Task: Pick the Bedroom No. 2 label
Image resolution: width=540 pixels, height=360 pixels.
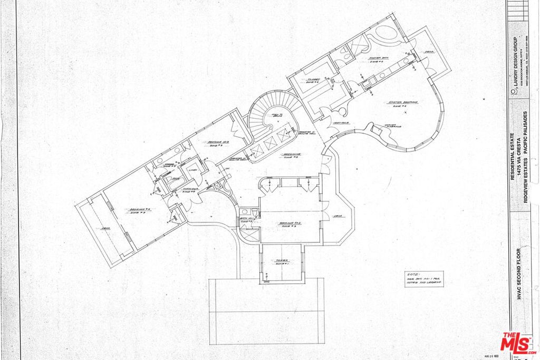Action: pos(290,223)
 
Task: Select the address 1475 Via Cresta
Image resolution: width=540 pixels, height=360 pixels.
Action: pos(519,160)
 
